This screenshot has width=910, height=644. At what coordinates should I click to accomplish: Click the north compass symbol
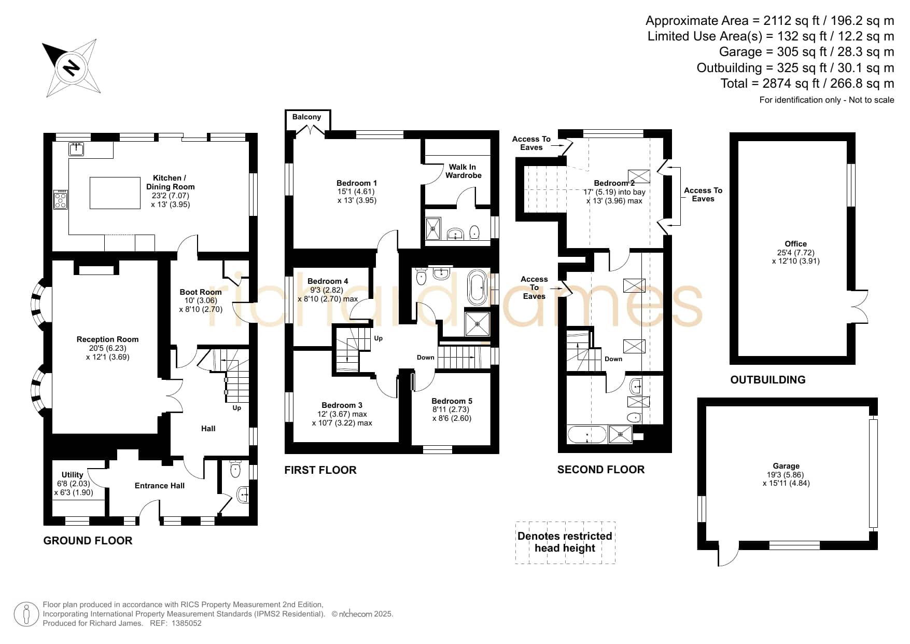click(x=72, y=66)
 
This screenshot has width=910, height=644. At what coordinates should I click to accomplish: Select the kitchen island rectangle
click(x=115, y=193)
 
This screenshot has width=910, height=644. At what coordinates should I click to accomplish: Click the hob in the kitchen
click(x=60, y=199)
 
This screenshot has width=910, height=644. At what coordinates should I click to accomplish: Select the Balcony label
click(x=306, y=117)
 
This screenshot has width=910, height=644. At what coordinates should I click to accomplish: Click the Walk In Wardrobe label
click(x=464, y=171)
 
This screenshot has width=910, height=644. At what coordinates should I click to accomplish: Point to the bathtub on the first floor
click(x=478, y=287)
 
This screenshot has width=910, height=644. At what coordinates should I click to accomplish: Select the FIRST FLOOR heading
click(x=320, y=470)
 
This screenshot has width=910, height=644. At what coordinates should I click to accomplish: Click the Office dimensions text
click(x=796, y=257)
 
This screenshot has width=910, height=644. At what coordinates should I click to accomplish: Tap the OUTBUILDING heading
click(x=768, y=380)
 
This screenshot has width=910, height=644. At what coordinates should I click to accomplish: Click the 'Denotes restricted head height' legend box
click(x=565, y=542)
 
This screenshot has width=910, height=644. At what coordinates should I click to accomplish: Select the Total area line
click(x=807, y=84)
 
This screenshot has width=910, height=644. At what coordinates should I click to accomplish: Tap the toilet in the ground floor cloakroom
click(x=235, y=469)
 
